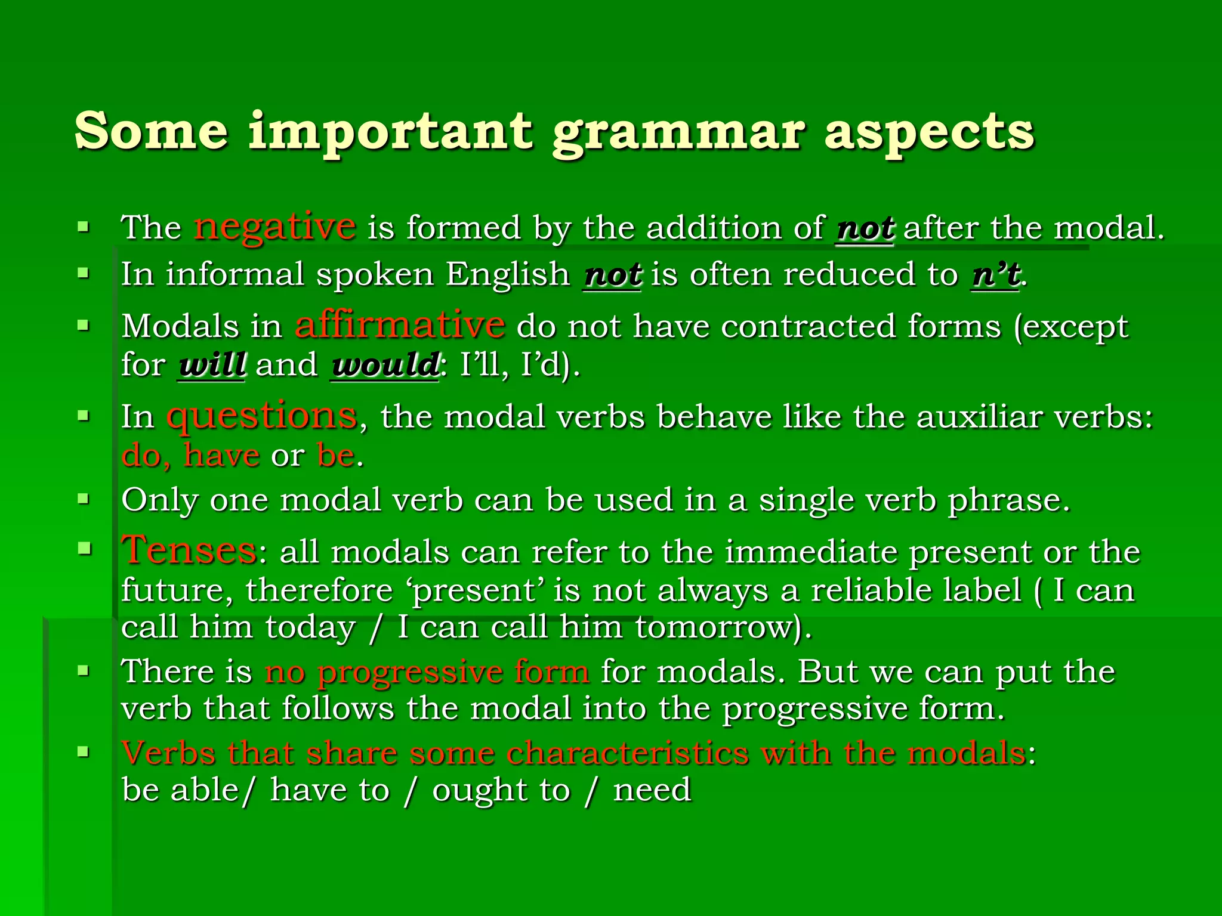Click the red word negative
(275, 227)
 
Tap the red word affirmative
(400, 326)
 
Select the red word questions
(262, 416)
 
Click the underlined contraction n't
(995, 275)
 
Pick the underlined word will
(212, 365)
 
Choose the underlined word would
(385, 365)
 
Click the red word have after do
(221, 456)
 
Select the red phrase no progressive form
(427, 671)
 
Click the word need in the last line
(652, 790)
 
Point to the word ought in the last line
(480, 790)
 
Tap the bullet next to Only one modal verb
(84, 498)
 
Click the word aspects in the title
(929, 132)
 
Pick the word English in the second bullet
(508, 275)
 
